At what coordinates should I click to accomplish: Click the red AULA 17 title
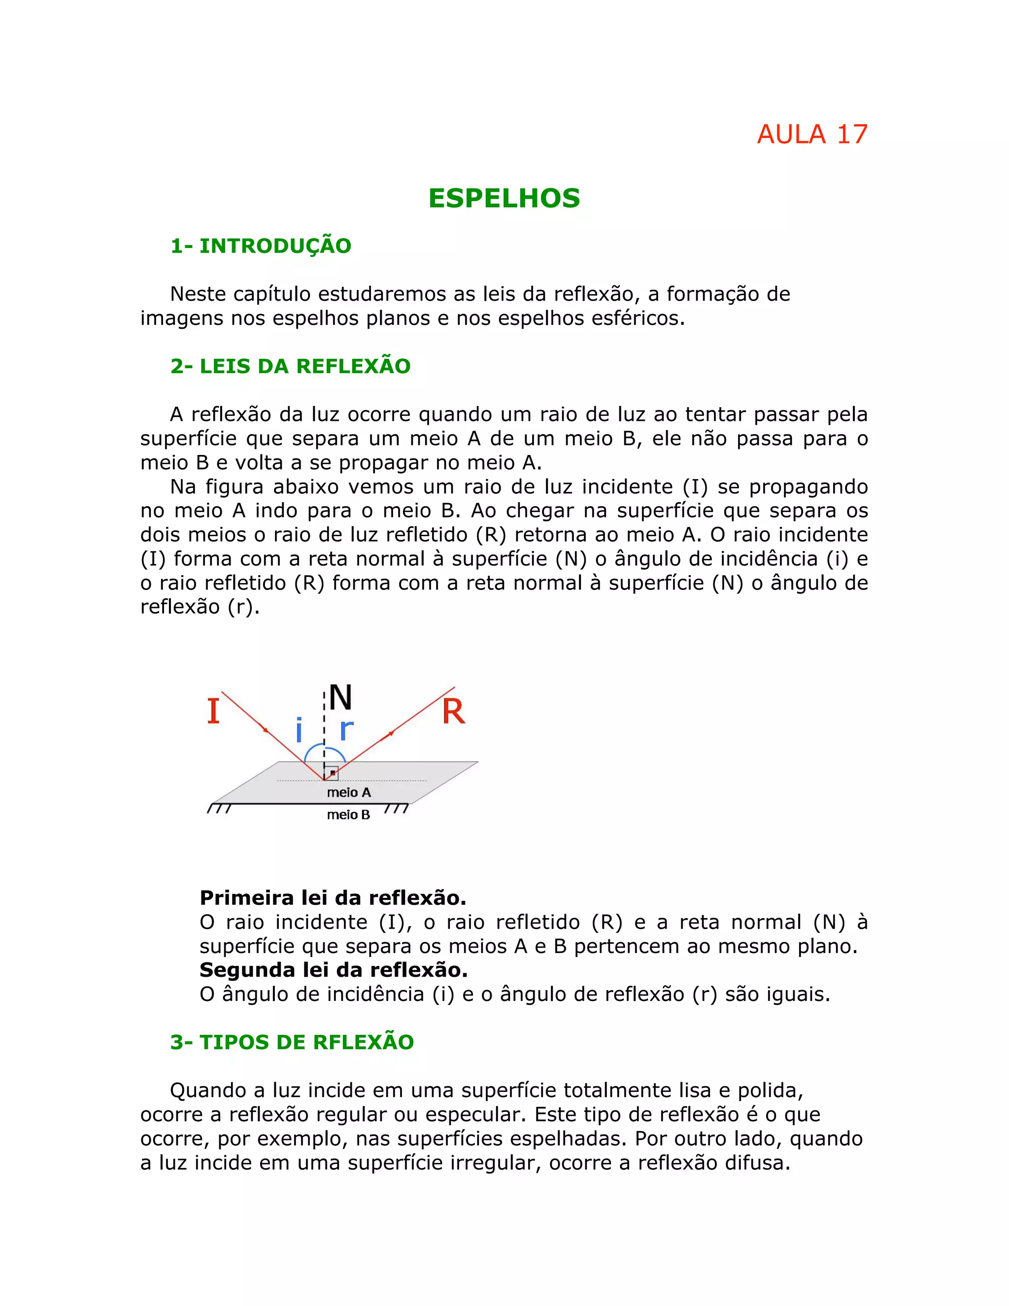tap(812, 135)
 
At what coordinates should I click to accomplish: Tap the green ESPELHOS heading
tap(504, 199)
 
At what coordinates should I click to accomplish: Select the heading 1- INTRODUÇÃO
tap(261, 246)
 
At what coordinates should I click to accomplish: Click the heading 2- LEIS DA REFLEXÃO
tap(291, 366)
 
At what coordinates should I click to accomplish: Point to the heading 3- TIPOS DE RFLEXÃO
tap(292, 1042)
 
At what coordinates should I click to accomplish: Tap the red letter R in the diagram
tap(453, 711)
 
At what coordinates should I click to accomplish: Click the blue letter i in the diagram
tap(299, 729)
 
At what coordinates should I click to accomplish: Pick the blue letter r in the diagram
tap(346, 729)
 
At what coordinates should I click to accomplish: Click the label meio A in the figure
tap(348, 792)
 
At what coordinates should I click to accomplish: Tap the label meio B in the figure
tap(348, 815)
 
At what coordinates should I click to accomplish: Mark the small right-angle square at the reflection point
tap(332, 773)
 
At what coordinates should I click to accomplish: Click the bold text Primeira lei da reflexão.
tap(333, 897)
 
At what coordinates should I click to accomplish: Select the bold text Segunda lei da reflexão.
tap(334, 969)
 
